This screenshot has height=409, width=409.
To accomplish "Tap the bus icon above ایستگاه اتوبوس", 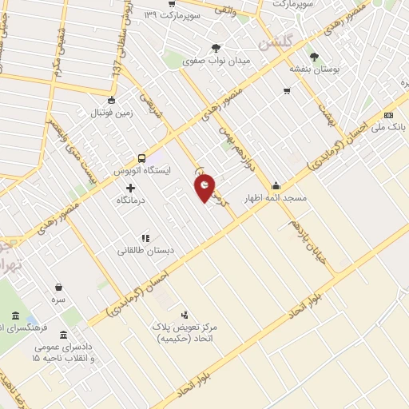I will (x=141, y=158).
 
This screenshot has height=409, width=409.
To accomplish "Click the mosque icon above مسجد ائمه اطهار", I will (x=276, y=185).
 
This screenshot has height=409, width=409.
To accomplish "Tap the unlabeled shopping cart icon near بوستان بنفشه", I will (x=286, y=92).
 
